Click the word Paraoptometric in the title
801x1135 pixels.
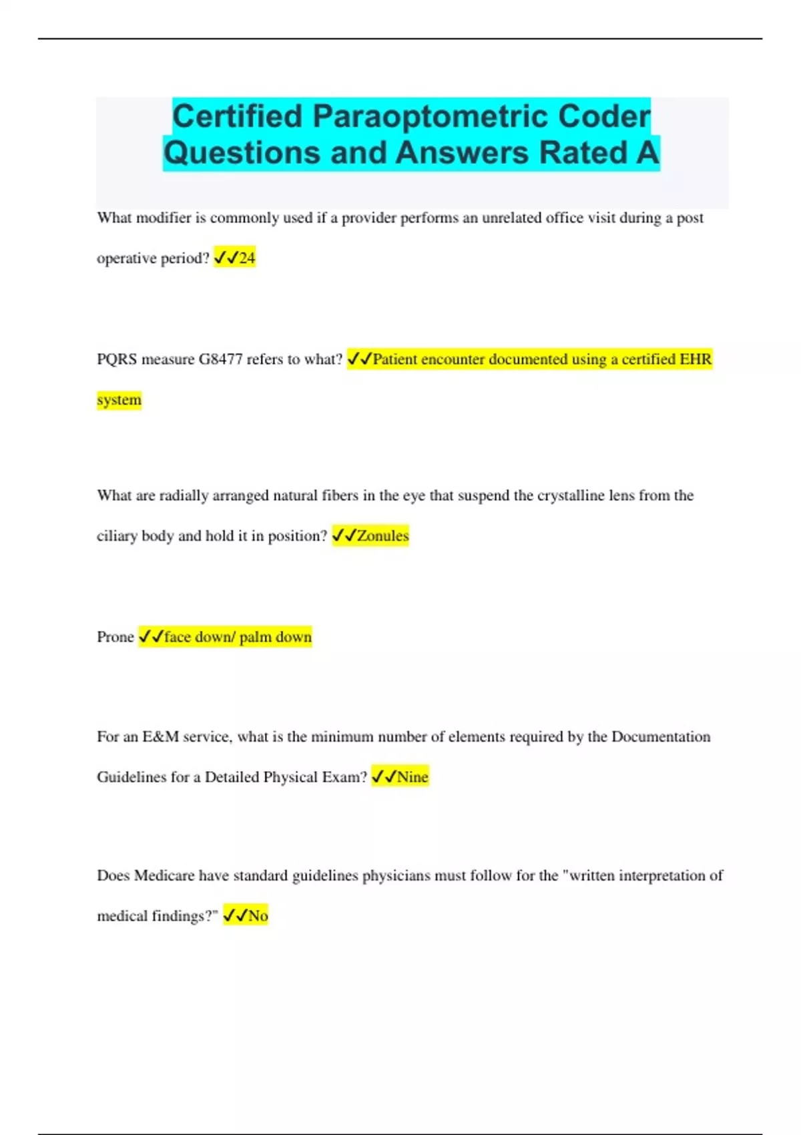431,117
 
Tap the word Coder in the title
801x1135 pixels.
604,117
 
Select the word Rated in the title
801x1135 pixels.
583,153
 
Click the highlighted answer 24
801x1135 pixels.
247,258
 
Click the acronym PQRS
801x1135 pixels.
117,359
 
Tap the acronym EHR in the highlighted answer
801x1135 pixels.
696,359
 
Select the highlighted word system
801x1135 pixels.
119,400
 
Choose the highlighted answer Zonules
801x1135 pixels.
382,535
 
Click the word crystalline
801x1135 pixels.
571,495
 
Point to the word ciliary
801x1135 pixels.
117,535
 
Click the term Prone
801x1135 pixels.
115,637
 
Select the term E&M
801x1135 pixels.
160,736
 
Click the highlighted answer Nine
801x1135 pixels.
413,777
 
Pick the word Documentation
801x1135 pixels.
661,736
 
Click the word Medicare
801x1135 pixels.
164,875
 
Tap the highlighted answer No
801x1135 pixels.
258,916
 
